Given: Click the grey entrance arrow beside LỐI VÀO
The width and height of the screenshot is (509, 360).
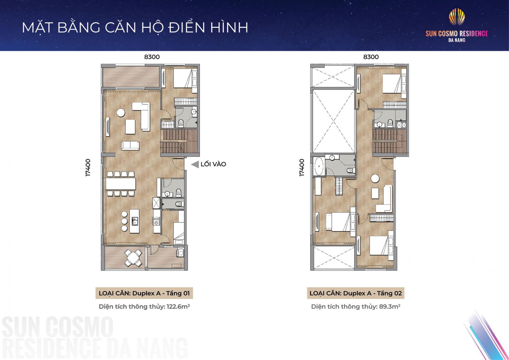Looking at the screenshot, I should (195, 164).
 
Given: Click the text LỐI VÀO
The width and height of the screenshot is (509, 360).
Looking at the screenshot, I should (213, 164).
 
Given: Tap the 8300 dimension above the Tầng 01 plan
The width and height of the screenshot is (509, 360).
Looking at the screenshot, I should (152, 57).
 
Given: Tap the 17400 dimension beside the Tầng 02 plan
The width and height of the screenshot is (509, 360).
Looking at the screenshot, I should (302, 168).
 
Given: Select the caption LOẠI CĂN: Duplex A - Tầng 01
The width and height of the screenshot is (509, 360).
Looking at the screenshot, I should (144, 293).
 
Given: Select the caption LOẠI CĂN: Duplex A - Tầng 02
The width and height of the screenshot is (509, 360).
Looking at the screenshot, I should (356, 293).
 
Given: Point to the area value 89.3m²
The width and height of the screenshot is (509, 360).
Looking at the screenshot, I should (390, 306).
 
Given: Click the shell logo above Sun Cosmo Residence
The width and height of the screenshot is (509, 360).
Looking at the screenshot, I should (457, 17).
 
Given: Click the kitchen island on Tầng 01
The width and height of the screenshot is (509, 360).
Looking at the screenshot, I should (134, 221).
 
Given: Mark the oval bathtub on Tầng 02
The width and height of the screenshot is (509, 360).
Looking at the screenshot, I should (319, 166).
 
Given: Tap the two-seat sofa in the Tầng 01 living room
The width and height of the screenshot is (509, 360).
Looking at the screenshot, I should (130, 146).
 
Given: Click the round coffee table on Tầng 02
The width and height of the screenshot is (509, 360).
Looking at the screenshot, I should (375, 179).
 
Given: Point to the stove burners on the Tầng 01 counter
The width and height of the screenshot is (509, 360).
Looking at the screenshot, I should (156, 220).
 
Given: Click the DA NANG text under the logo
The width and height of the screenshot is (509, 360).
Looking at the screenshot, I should (457, 40).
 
